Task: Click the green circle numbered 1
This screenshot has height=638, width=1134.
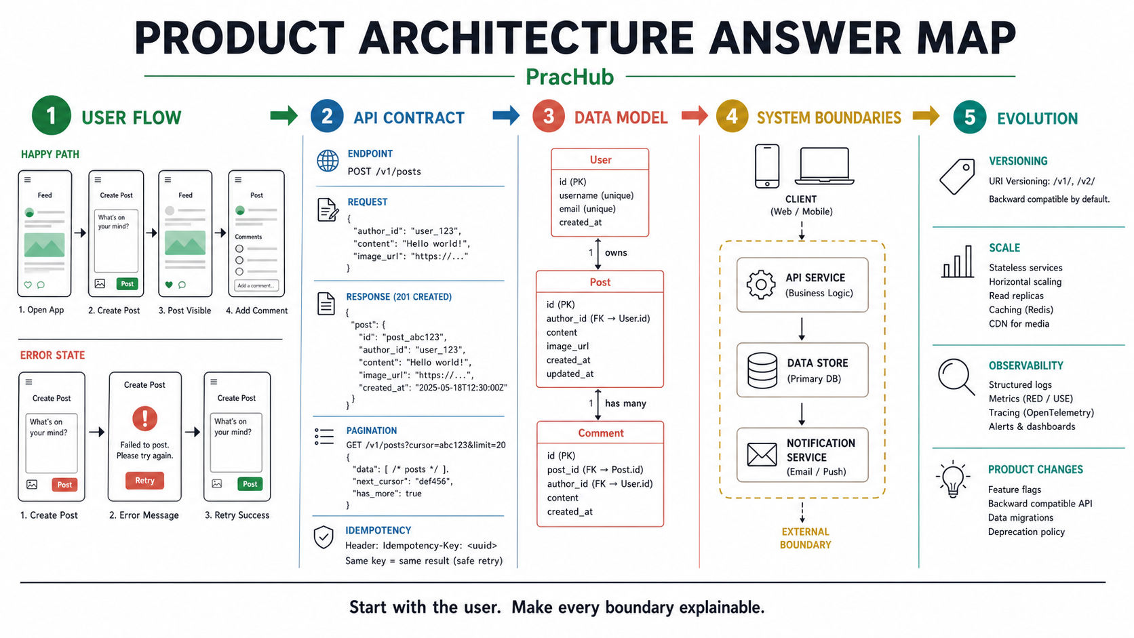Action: tap(51, 115)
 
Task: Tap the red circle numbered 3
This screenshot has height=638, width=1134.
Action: tap(549, 117)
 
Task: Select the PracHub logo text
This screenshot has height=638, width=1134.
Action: tap(570, 77)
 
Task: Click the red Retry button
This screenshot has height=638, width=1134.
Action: tap(144, 480)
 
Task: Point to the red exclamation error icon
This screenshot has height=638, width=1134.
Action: tap(144, 418)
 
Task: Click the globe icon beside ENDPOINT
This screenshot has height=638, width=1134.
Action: tap(328, 161)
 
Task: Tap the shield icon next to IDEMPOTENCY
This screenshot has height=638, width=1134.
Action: tap(324, 537)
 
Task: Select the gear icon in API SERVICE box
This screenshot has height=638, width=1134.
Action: tap(761, 285)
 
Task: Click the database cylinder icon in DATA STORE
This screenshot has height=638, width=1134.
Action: tap(762, 370)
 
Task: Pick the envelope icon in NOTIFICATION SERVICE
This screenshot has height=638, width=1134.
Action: tap(762, 454)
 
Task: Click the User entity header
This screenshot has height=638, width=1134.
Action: tap(600, 160)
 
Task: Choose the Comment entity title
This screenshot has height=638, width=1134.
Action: tap(601, 433)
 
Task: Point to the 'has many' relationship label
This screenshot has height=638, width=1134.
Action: tap(626, 403)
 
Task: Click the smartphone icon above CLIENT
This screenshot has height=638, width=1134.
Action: tap(767, 166)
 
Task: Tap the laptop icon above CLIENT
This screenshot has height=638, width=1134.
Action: tap(824, 166)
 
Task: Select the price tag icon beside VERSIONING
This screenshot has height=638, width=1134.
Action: tap(957, 176)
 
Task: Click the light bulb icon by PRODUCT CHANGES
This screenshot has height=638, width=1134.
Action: tap(953, 479)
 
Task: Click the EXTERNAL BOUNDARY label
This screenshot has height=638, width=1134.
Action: tap(806, 538)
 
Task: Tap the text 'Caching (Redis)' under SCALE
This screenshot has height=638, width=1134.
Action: tap(1021, 310)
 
